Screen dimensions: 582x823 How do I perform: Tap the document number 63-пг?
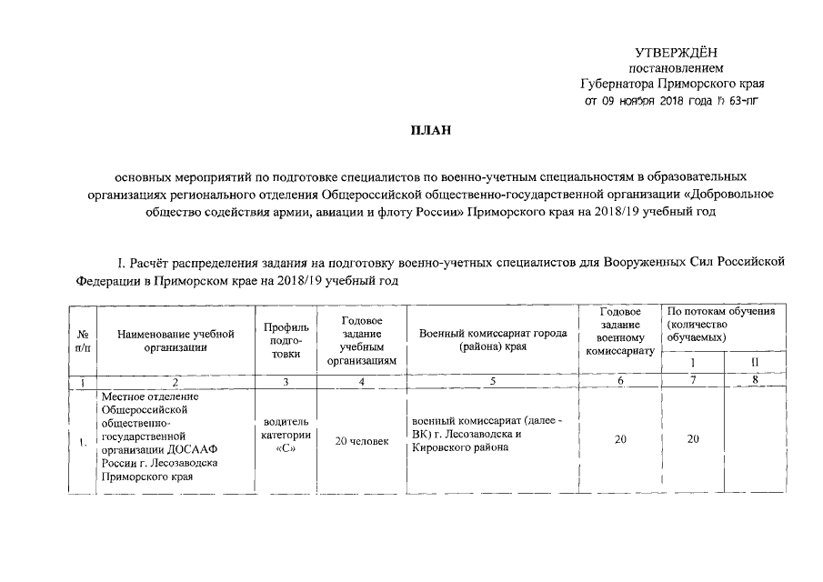(x=739, y=101)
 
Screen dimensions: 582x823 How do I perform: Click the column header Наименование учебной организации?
(x=176, y=340)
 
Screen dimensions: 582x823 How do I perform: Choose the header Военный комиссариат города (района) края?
(x=492, y=340)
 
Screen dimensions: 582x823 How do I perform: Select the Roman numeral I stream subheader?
(x=691, y=363)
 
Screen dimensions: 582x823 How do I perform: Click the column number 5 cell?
(x=492, y=382)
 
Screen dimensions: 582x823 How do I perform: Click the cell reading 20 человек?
(x=362, y=441)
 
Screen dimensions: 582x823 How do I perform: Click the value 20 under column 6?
(x=620, y=440)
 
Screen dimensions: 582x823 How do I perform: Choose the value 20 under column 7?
(x=693, y=440)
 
